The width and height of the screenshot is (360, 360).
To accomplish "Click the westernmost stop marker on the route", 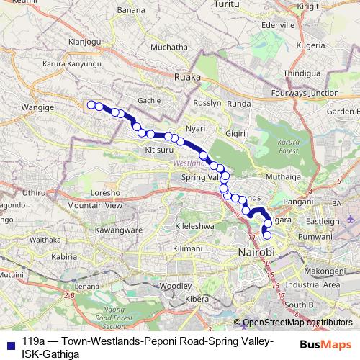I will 91,105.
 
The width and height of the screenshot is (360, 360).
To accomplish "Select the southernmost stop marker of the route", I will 268,235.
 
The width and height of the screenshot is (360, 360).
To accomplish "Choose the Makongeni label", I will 324,271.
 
